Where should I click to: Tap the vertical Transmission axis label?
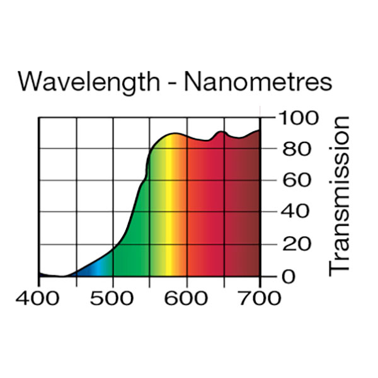[x=340, y=195]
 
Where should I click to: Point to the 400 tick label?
[x=38, y=298]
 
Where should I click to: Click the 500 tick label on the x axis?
[x=113, y=298]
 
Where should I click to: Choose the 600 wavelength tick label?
[x=186, y=298]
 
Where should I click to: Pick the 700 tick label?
[x=260, y=298]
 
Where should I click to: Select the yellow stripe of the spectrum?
[x=168, y=208]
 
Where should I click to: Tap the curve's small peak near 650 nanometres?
[x=220, y=132]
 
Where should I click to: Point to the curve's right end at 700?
[x=260, y=130]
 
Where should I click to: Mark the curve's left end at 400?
[x=39, y=273]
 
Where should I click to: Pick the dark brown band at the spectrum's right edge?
[x=252, y=208]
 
